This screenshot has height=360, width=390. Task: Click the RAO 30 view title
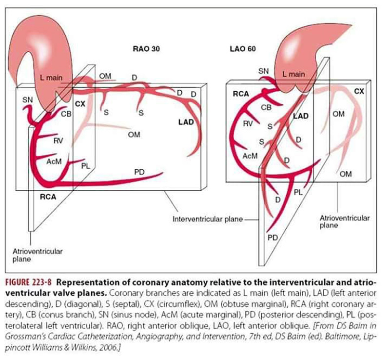point(146,49)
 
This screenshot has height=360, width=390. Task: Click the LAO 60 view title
point(243,49)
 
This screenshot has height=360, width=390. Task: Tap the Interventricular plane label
point(208,219)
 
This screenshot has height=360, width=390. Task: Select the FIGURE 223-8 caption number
point(29,282)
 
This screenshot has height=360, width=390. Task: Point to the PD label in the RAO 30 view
point(139,172)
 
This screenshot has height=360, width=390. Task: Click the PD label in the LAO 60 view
point(273,238)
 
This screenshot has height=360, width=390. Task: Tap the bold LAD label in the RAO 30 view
point(186,122)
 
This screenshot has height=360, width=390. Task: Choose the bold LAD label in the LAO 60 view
point(301,116)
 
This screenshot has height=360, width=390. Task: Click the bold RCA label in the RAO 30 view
point(48,197)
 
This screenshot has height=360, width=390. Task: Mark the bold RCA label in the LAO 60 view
point(241,94)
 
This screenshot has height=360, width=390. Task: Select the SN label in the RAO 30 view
point(27,100)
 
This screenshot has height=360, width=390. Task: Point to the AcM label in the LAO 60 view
point(250,156)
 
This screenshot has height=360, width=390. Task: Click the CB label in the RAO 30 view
point(66,114)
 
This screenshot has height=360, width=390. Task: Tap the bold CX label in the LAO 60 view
point(359,91)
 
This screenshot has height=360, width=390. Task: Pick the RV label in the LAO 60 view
point(248,123)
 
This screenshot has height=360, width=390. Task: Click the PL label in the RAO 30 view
point(86,166)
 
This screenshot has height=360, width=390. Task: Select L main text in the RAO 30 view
point(51,78)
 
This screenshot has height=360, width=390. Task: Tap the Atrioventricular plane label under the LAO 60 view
point(345,221)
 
